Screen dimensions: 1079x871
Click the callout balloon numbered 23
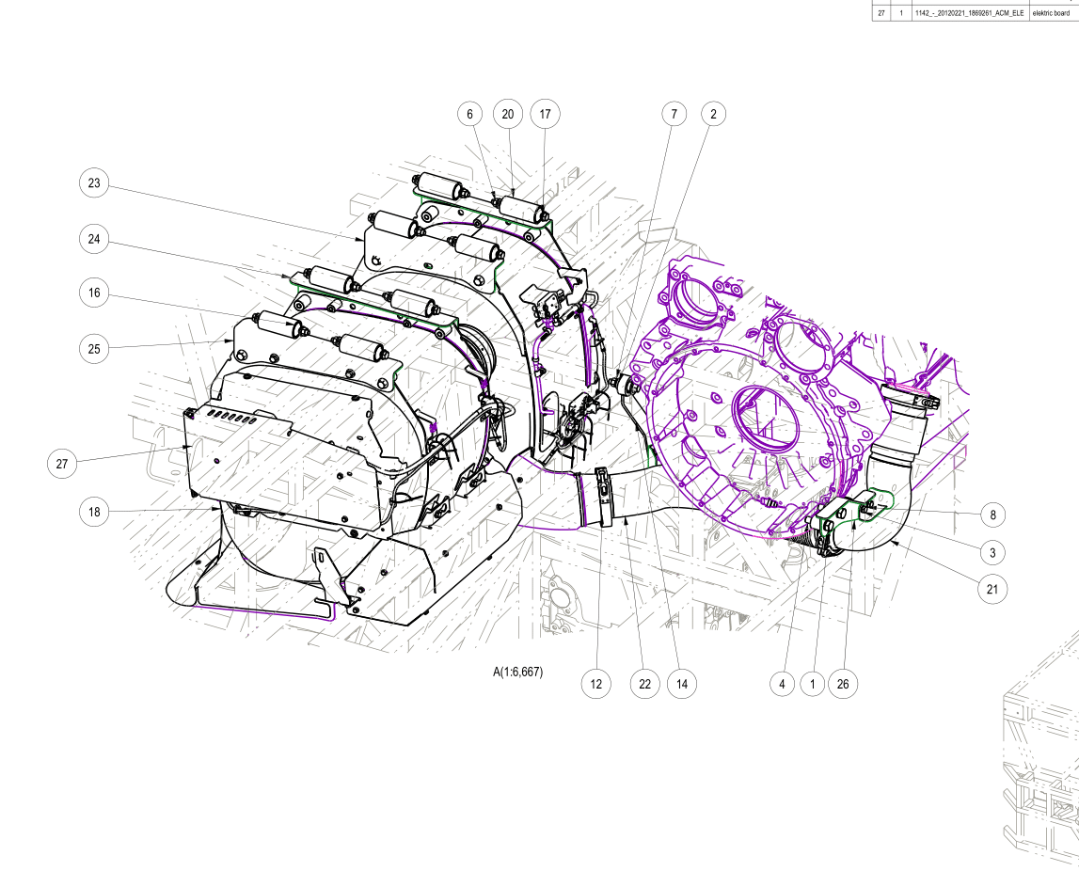click(x=94, y=183)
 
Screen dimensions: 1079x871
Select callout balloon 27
click(x=62, y=464)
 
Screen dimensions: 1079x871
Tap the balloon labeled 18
click(x=94, y=512)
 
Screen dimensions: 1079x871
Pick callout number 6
click(x=470, y=114)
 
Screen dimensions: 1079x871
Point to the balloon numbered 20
click(x=508, y=114)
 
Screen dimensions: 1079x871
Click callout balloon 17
click(x=545, y=114)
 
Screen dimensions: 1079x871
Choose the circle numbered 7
click(x=674, y=114)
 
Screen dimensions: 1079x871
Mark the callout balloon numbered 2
click(x=713, y=114)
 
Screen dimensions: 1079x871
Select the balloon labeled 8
click(x=992, y=515)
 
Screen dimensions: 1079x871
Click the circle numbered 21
click(x=992, y=589)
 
